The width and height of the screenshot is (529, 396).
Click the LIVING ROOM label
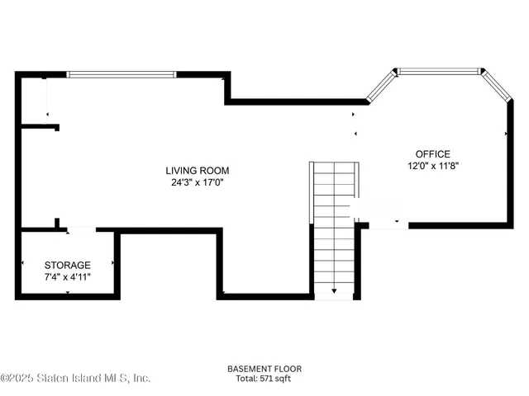pyautogui.click(x=196, y=171)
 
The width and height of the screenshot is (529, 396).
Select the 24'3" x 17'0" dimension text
pyautogui.click(x=196, y=183)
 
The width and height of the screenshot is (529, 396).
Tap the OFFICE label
pyautogui.click(x=432, y=153)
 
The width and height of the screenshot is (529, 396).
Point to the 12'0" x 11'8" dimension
pyautogui.click(x=432, y=165)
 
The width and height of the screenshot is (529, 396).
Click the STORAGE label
pyautogui.click(x=67, y=265)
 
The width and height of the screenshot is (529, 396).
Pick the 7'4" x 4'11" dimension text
pyautogui.click(x=67, y=276)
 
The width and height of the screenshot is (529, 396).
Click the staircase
pyautogui.click(x=335, y=223)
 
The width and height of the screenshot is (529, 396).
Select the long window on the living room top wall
pyautogui.click(x=121, y=74)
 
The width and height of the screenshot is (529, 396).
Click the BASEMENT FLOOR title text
pyautogui.click(x=264, y=369)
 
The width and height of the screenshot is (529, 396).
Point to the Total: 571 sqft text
pyautogui.click(x=264, y=379)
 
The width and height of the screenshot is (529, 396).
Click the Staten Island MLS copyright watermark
pyautogui.click(x=75, y=377)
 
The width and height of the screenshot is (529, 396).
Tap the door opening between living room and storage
pyautogui.click(x=81, y=229)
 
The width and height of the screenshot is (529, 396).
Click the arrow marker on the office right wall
pyautogui.click(x=506, y=133)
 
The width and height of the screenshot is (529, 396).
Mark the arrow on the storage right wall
pyautogui.click(x=112, y=263)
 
